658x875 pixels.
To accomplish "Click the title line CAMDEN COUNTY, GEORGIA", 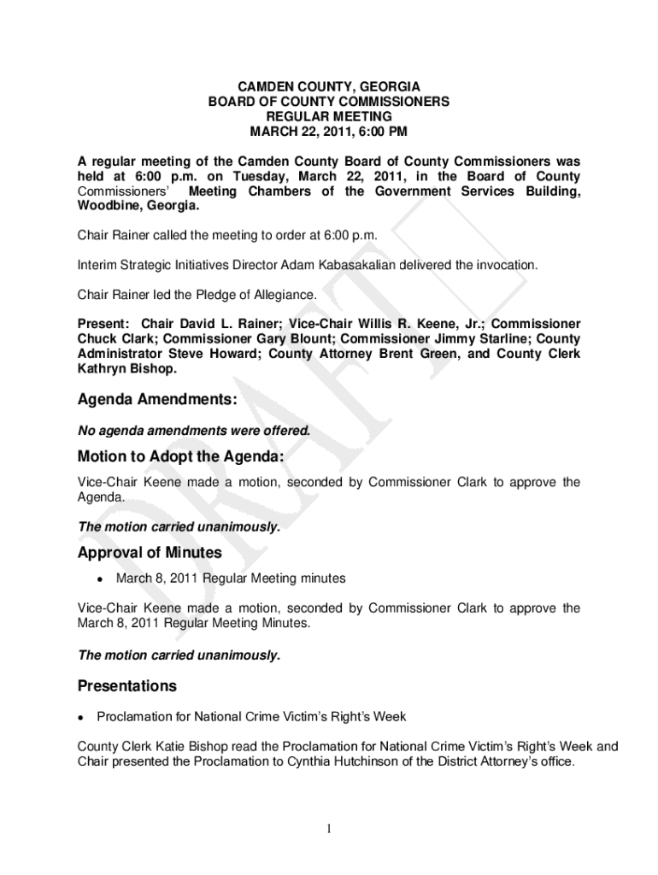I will [x=329, y=86].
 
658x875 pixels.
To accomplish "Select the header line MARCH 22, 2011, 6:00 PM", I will [x=329, y=132].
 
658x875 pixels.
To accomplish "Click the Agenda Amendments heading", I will [x=157, y=400].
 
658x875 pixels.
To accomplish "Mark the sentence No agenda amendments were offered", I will [x=194, y=432].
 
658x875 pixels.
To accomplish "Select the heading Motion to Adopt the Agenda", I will [x=180, y=456].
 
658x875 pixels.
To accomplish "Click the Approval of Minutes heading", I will [x=150, y=553].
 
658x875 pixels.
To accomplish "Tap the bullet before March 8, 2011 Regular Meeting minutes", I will [x=100, y=579].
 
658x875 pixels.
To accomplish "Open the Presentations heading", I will [x=127, y=686].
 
